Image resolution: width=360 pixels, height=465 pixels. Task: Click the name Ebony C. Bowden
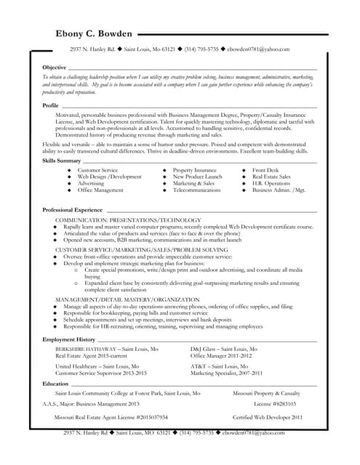coord(94,34)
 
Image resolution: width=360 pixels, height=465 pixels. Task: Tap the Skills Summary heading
coord(61,160)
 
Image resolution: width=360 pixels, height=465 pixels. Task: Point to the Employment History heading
coord(68,339)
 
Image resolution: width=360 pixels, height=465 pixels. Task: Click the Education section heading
coord(55,383)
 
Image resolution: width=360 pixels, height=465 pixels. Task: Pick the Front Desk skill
coord(265,170)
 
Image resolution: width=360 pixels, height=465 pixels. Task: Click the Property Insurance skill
coord(194,170)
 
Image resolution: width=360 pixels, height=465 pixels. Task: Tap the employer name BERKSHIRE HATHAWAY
coord(85,349)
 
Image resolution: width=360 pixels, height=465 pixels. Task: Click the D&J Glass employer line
coord(223,349)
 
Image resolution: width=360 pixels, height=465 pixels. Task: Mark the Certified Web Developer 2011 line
coord(267,418)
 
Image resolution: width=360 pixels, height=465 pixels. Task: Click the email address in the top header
coord(257,49)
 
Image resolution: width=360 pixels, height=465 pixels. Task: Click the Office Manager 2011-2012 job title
coord(221,355)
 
